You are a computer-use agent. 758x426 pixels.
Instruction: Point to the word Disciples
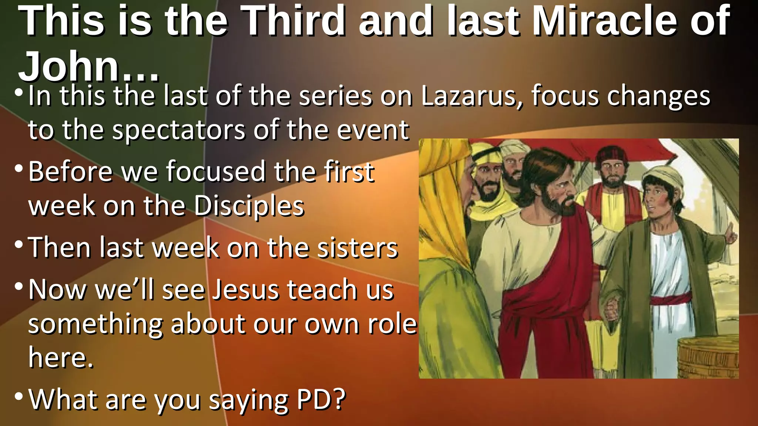click(x=249, y=206)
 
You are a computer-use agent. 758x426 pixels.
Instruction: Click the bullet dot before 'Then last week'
click(x=19, y=244)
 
